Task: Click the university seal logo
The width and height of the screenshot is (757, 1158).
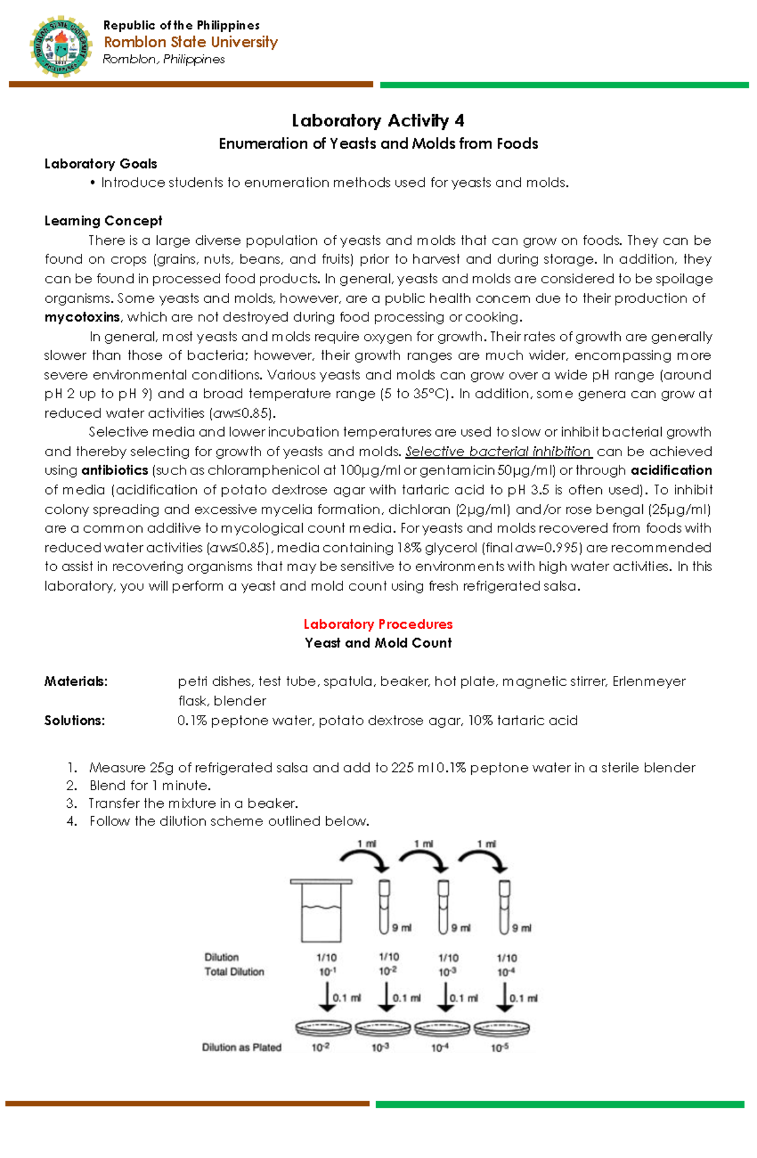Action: (61, 47)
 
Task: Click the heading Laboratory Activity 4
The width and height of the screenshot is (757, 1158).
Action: (378, 121)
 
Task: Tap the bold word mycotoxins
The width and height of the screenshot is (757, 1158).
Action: (82, 317)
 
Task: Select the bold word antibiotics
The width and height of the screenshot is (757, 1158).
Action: (115, 471)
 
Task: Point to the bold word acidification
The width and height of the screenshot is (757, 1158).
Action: (671, 471)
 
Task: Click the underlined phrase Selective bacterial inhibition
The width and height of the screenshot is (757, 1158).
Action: (498, 452)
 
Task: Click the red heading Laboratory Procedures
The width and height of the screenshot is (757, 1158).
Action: (378, 624)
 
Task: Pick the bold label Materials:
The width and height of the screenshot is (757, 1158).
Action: (76, 682)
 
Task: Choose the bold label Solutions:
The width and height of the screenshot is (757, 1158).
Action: (74, 721)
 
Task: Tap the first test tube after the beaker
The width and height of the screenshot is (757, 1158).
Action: (384, 907)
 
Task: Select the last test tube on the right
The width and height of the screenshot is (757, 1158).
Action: (504, 907)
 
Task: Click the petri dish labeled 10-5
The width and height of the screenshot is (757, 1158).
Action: (502, 1029)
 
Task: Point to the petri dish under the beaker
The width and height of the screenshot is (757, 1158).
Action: (323, 1029)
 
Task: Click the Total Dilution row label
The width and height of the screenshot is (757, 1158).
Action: (234, 972)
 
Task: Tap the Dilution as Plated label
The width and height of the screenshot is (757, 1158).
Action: (242, 1048)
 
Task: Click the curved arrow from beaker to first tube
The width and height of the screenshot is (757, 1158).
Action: (364, 859)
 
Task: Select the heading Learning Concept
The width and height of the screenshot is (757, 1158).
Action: (103, 221)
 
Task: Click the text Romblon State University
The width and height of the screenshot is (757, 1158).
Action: (191, 42)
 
